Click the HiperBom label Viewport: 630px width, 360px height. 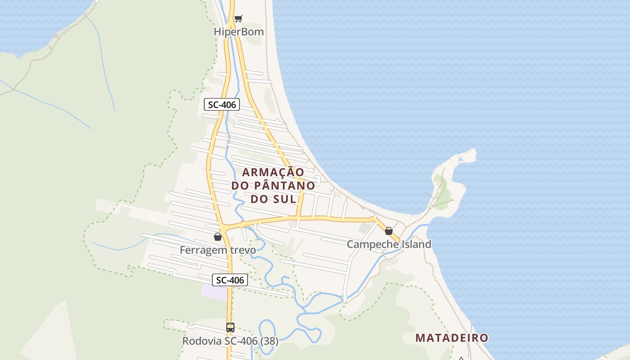click(238, 32)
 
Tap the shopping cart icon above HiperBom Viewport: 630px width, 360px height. click(238, 18)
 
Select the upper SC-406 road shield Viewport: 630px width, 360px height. click(222, 105)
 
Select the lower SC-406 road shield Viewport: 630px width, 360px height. click(230, 280)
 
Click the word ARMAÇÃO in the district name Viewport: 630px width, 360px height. click(273, 172)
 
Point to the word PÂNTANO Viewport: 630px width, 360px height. click(285, 185)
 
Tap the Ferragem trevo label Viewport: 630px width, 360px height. click(218, 250)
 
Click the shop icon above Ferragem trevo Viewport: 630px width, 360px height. click(218, 237)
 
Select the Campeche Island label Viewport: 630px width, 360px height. click(389, 244)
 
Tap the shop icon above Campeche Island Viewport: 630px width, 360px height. click(389, 231)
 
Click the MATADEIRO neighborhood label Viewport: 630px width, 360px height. click(451, 338)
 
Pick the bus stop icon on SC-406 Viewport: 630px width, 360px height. click(230, 328)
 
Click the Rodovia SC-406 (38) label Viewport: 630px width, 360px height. click(230, 341)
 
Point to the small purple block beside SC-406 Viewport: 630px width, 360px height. click(215, 292)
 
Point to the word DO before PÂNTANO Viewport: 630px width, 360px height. click(241, 185)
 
